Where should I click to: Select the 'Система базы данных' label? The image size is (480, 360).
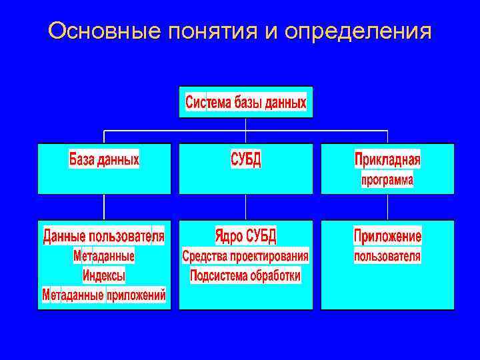click(x=245, y=103)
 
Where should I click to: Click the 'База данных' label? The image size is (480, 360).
click(x=104, y=160)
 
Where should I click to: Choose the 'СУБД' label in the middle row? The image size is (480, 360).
click(x=245, y=160)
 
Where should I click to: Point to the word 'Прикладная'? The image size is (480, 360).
click(x=387, y=160)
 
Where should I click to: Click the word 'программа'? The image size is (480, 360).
click(x=387, y=180)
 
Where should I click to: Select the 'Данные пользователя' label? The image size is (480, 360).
click(x=104, y=236)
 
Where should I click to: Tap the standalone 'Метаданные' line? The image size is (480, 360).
click(x=104, y=256)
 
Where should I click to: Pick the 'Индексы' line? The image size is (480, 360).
click(x=104, y=275)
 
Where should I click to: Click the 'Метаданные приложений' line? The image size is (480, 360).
click(x=104, y=295)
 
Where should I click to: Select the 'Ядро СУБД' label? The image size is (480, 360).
click(x=245, y=236)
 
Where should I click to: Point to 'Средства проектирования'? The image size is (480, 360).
click(x=245, y=256)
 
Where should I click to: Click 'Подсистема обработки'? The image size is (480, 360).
click(x=245, y=275)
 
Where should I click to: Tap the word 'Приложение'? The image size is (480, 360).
click(x=387, y=236)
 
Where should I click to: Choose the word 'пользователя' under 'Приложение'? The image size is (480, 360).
click(x=387, y=256)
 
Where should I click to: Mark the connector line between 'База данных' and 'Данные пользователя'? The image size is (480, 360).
click(x=104, y=207)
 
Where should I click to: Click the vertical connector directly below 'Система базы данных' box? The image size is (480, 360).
click(x=246, y=124)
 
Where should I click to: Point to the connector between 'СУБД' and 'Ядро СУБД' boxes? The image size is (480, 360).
click(x=246, y=207)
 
